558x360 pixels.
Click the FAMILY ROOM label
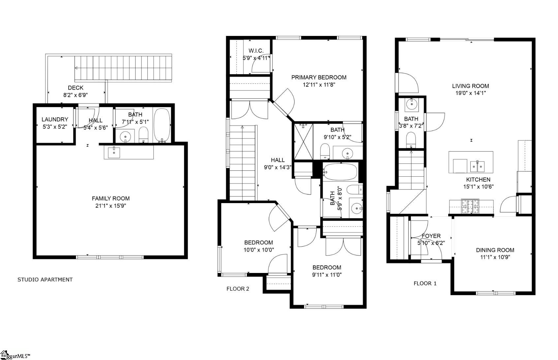tap(110, 198)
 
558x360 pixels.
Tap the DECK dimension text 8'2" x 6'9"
tap(76, 95)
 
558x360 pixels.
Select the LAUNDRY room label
tap(55, 119)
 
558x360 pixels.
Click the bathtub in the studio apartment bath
tap(162, 125)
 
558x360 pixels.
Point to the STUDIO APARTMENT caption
tap(45, 280)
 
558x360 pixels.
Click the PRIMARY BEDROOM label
tap(319, 77)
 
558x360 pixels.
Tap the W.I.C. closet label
tap(256, 51)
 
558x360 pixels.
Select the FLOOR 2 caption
tap(238, 289)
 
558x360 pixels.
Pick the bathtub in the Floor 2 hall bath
tap(340, 171)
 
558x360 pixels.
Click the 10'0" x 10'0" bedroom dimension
tap(259, 250)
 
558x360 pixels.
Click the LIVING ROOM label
tap(470, 86)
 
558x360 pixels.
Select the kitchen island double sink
tap(477, 166)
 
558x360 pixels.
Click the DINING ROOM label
tap(495, 250)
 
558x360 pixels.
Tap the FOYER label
tap(431, 236)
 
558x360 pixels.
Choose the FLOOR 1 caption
tap(425, 283)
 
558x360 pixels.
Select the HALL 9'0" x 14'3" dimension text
tap(278, 167)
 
